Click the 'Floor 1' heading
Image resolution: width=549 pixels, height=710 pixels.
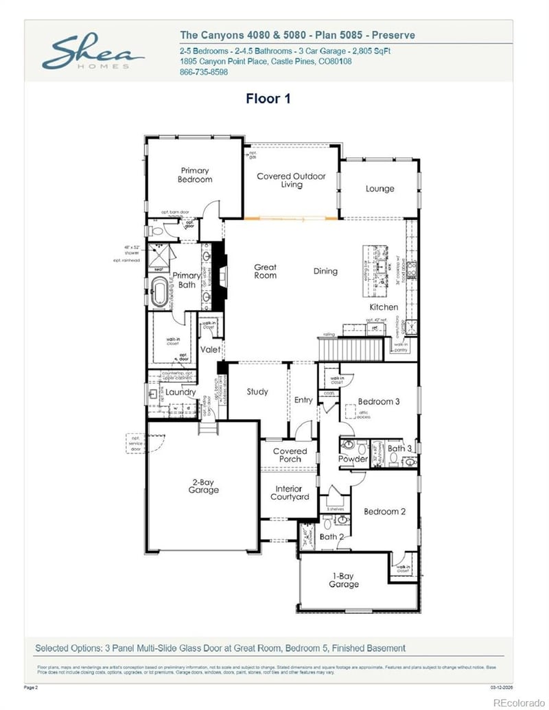268,99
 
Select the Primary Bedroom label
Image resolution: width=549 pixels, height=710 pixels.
195,175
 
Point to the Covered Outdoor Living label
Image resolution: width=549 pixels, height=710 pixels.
291,180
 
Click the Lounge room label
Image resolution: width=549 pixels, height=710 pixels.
379,189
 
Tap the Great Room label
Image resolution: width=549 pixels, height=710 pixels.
266,271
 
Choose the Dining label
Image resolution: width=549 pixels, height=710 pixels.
325,271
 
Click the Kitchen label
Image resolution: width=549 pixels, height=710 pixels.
384,307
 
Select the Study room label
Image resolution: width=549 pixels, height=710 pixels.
257,392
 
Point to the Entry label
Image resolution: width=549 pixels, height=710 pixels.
303,400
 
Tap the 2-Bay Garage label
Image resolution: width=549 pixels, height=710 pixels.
204,486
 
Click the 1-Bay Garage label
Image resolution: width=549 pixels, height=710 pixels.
343,580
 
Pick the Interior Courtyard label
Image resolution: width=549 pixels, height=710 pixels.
289,493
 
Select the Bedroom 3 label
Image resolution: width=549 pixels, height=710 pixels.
378,401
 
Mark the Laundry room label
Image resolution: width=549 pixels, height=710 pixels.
180,392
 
